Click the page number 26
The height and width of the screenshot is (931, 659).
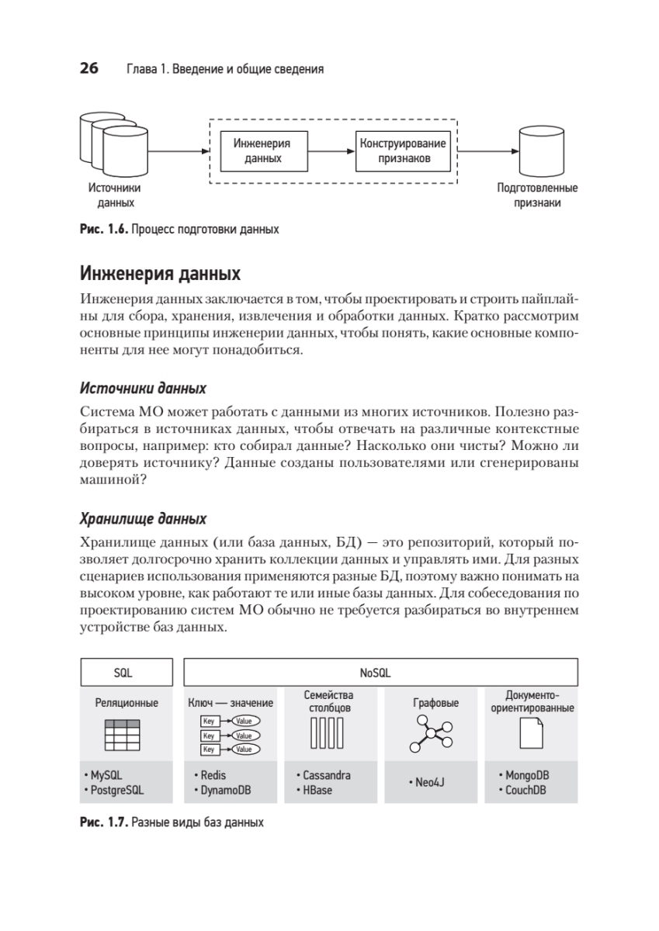coord(88,69)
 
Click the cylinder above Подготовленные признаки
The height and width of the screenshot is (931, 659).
coord(538,150)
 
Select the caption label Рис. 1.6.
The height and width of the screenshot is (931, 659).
coord(102,230)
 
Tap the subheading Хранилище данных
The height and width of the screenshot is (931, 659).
coord(143,518)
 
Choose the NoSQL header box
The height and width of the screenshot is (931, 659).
coord(380,673)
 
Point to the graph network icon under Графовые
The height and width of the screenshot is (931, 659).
coord(434,733)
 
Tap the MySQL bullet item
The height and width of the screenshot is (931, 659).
coord(107,775)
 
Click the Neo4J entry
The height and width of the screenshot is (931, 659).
coord(429,783)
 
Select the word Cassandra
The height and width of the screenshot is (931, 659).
coord(326,775)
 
